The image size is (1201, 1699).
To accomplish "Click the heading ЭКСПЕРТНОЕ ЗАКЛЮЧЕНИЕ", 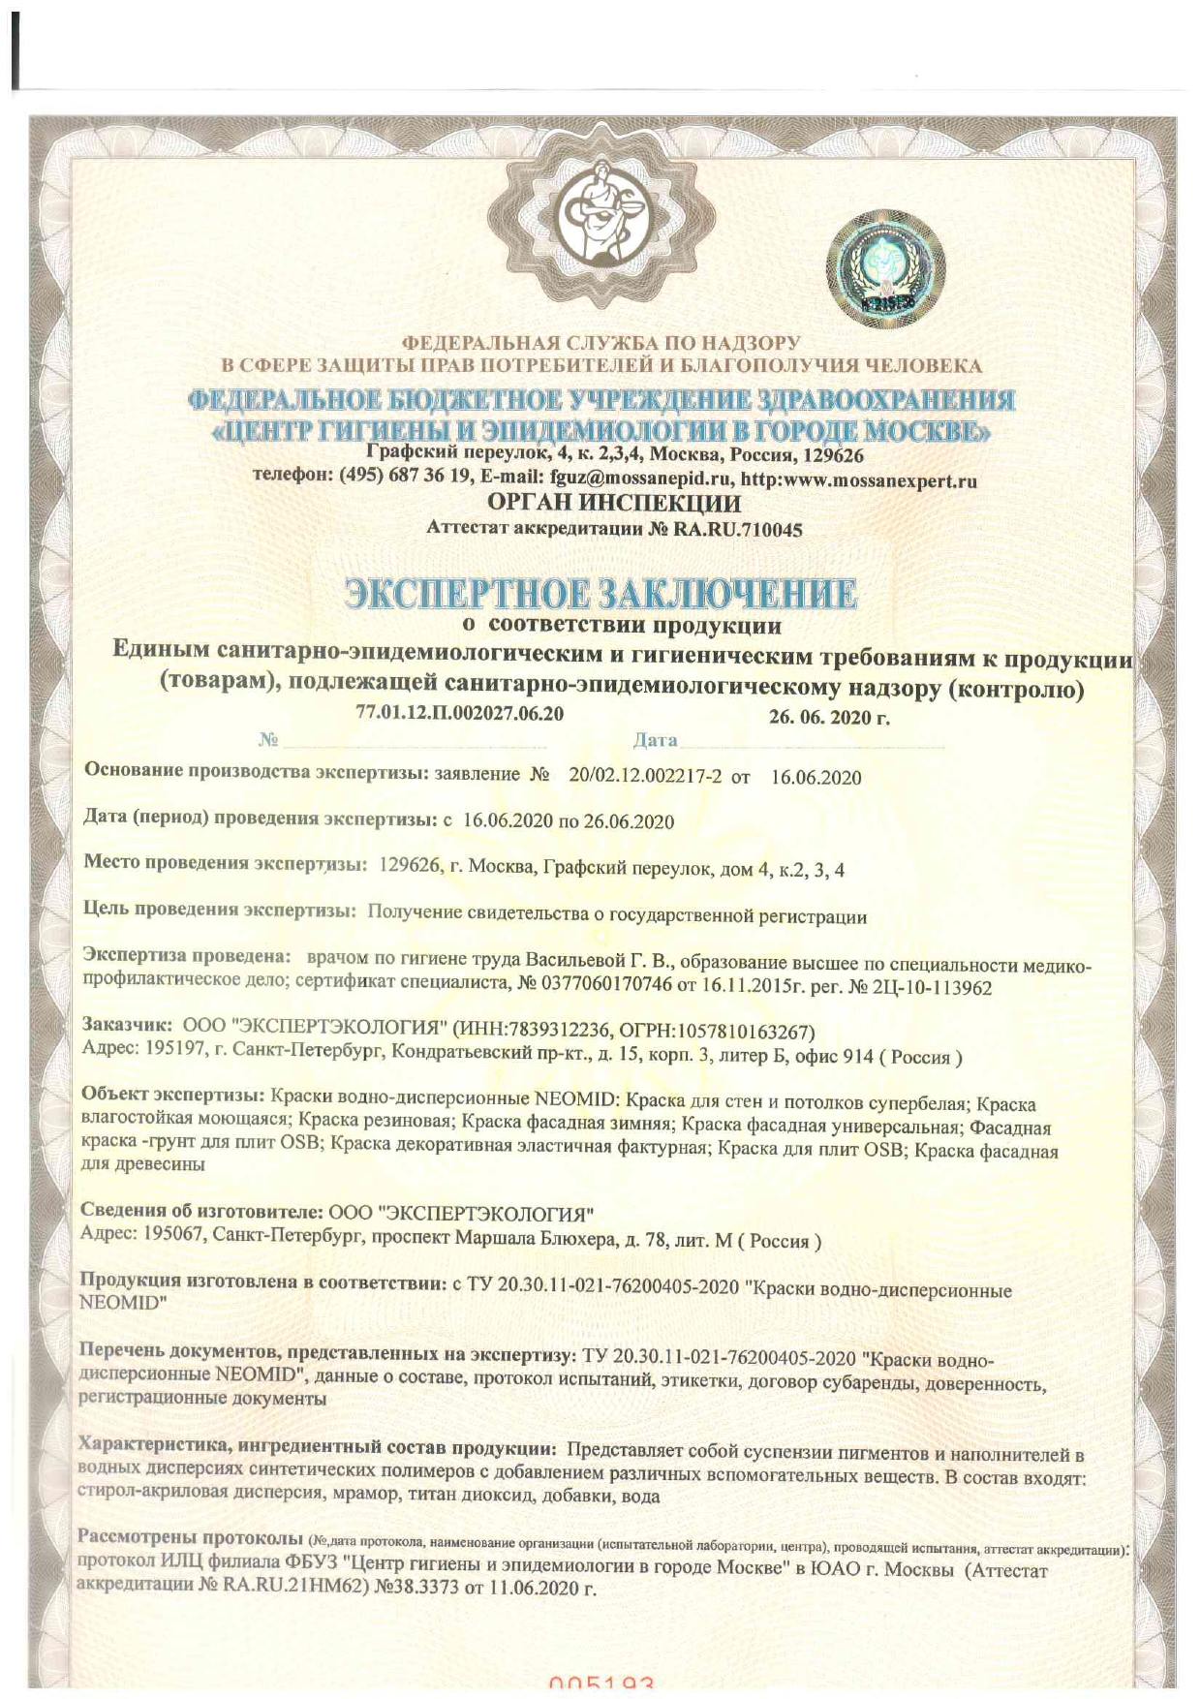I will (600, 593).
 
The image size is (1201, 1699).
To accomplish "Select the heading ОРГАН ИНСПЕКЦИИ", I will (614, 504).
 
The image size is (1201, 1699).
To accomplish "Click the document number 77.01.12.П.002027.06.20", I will (459, 713).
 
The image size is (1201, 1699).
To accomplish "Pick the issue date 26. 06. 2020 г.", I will (829, 718).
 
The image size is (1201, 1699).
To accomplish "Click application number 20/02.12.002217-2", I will (645, 777).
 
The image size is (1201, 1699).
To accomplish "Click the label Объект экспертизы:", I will (172, 1095).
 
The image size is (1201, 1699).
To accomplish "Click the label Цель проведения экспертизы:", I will (220, 910).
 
